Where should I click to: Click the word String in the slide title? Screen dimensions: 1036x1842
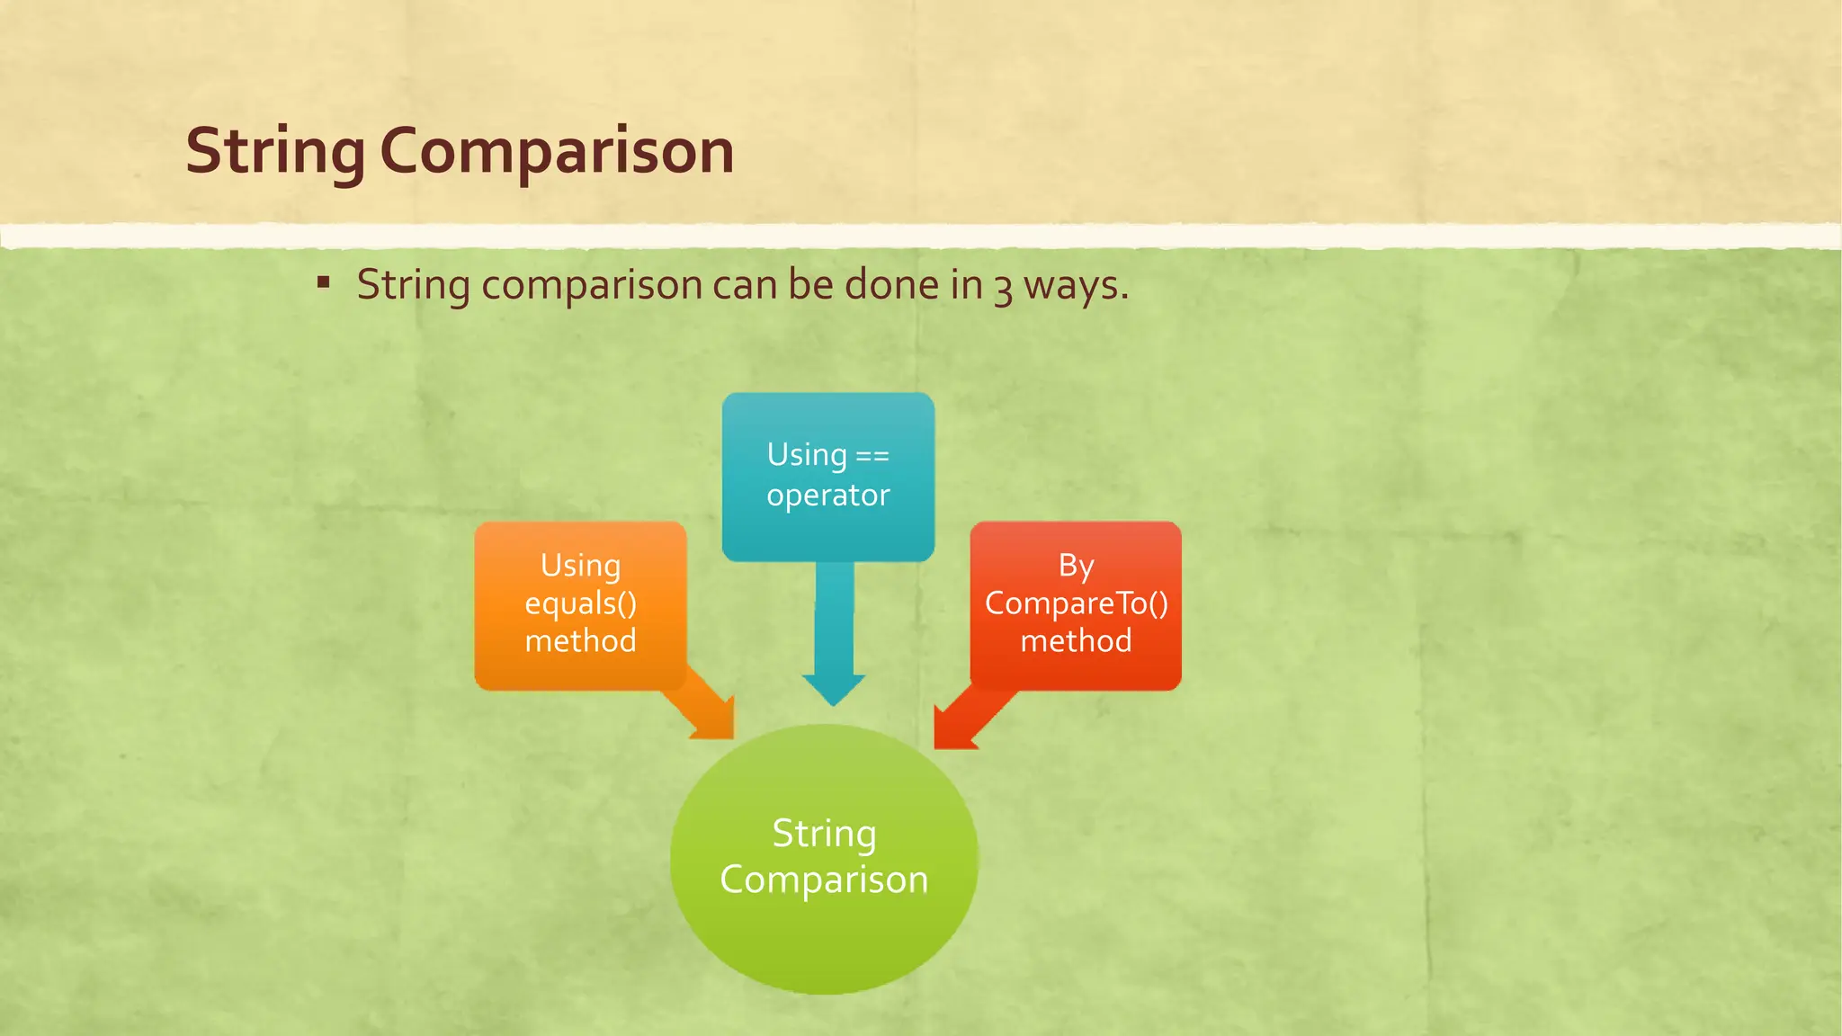click(x=275, y=151)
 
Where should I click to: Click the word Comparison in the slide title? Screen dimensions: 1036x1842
click(x=557, y=151)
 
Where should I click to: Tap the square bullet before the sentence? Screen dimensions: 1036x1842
click(x=324, y=283)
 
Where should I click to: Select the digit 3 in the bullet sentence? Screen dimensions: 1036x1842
click(x=1003, y=288)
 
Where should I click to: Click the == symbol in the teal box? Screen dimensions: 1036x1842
click(x=872, y=456)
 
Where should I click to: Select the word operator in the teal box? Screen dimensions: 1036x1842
click(x=828, y=495)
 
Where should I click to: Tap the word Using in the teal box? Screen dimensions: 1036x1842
click(x=807, y=455)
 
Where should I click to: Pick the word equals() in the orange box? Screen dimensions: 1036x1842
click(x=581, y=603)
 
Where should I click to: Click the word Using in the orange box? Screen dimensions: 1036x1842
click(x=581, y=566)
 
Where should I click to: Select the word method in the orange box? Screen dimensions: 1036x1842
click(x=581, y=641)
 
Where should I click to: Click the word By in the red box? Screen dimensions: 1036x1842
click(x=1076, y=566)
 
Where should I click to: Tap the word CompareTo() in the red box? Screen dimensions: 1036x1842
click(x=1076, y=603)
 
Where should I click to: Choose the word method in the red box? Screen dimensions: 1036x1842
click(x=1076, y=641)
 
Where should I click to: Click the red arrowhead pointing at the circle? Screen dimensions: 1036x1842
click(x=953, y=729)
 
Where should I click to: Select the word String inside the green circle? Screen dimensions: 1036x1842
click(x=824, y=834)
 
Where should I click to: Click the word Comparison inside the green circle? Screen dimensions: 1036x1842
click(x=824, y=880)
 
